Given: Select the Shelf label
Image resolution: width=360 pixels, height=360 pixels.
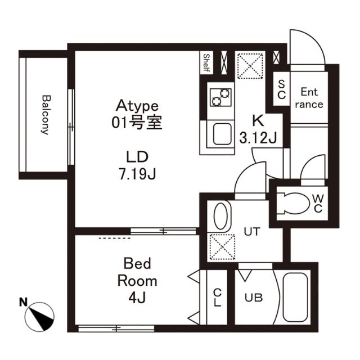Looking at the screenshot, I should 206,64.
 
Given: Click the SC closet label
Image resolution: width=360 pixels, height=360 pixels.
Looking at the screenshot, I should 281,89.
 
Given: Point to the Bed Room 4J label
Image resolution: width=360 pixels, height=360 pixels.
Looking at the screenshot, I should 137,280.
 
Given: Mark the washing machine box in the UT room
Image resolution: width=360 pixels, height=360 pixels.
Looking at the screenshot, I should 220,246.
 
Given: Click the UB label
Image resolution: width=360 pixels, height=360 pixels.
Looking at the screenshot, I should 253,298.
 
